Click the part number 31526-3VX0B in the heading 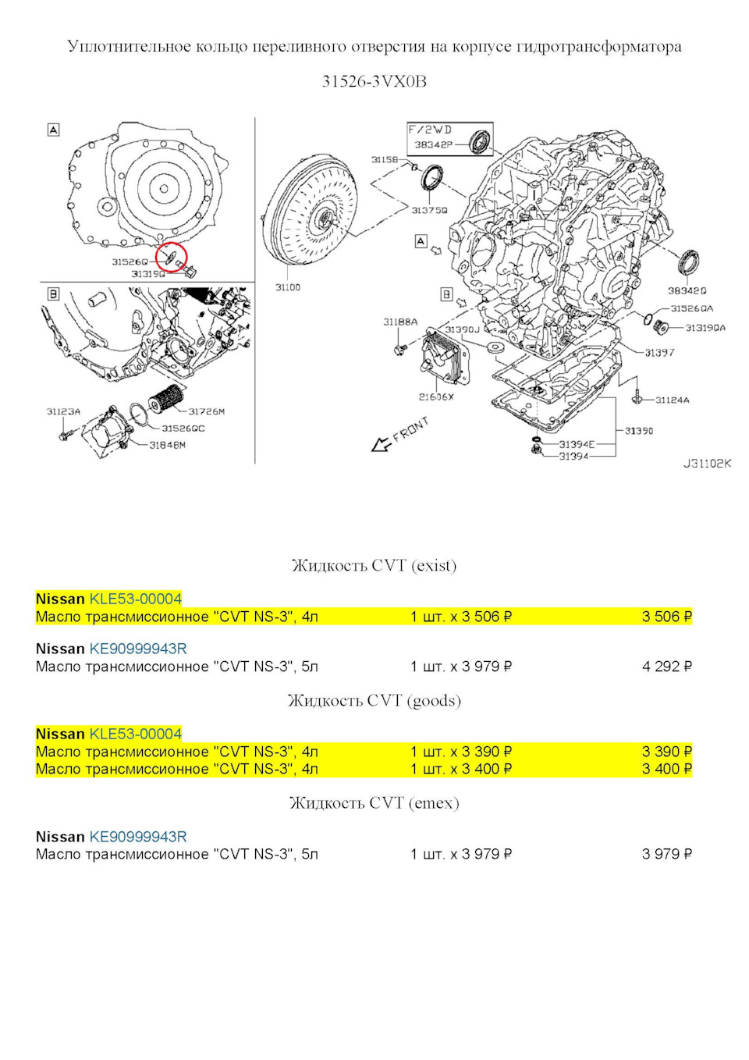click(x=374, y=82)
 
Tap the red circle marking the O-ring click(x=172, y=256)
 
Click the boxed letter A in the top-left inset click(x=54, y=130)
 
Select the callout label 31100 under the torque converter click(x=288, y=287)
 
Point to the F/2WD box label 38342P click(x=433, y=144)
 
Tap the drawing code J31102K click(x=707, y=463)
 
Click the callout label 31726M click(x=207, y=411)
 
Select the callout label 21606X click(x=436, y=397)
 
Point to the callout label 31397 click(x=659, y=352)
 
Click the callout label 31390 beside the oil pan click(x=639, y=430)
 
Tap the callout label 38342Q click(x=687, y=290)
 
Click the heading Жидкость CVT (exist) click(x=374, y=565)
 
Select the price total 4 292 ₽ click(x=666, y=667)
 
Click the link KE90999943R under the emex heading click(x=138, y=837)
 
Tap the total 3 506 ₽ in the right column click(x=666, y=617)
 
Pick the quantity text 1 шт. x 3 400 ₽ click(x=461, y=769)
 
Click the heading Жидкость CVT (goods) click(x=374, y=700)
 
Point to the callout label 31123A click(x=63, y=411)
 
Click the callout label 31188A click(x=400, y=322)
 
